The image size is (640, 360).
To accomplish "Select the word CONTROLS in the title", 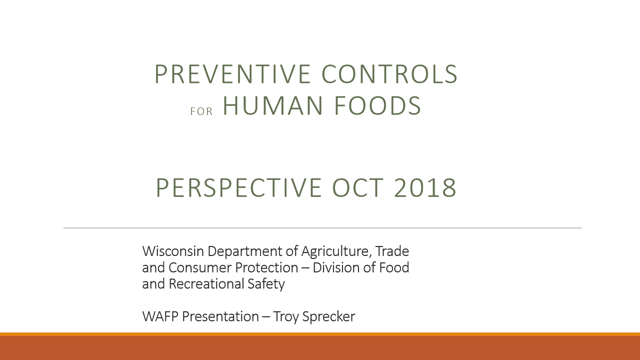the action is click(x=389, y=73).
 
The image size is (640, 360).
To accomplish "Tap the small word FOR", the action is click(x=201, y=111).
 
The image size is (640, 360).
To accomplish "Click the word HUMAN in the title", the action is click(x=273, y=105).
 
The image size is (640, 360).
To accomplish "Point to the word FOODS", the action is click(x=377, y=105).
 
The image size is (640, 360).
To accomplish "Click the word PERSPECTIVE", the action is click(x=239, y=187).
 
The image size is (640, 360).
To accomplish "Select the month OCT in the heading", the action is click(x=357, y=187).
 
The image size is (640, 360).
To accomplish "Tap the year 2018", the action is click(x=425, y=187).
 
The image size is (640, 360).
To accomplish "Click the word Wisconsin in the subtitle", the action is click(x=173, y=251).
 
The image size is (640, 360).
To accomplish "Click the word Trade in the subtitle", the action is click(x=392, y=251).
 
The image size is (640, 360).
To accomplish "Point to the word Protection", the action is click(x=266, y=267).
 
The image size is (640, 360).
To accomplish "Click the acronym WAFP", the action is click(x=160, y=316).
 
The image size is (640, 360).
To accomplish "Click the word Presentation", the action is click(x=220, y=316).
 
